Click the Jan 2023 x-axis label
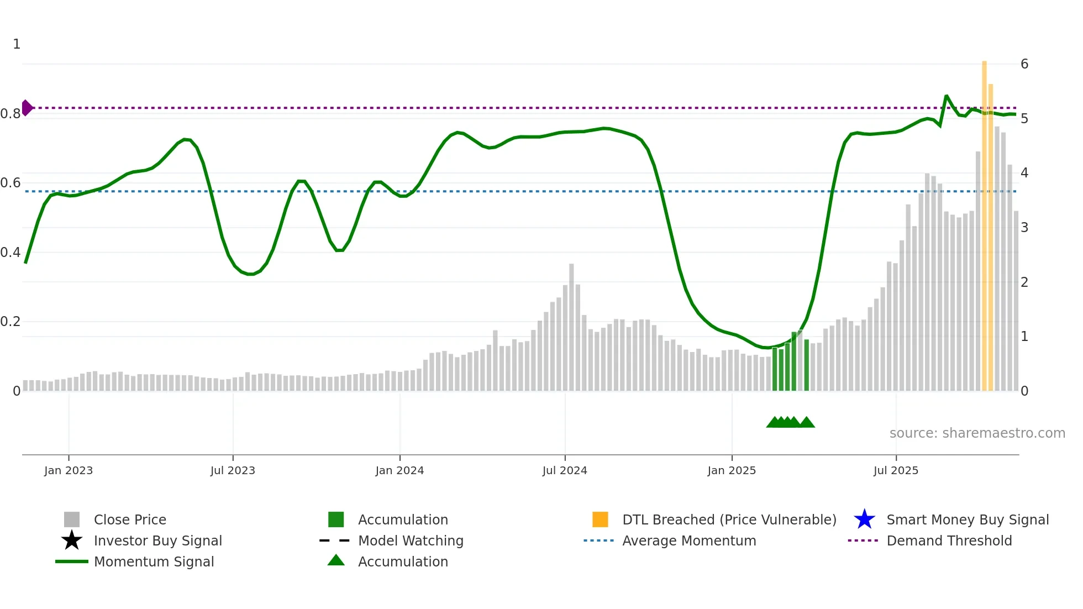[x=69, y=470]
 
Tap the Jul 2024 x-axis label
[x=565, y=470]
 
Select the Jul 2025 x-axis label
[x=896, y=470]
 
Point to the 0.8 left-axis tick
[x=10, y=114]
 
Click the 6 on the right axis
[x=1024, y=64]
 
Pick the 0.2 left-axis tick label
[x=10, y=322]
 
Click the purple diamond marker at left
[x=27, y=108]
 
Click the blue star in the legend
[x=864, y=519]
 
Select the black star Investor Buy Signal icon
[x=72, y=540]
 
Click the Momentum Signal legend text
[x=154, y=561]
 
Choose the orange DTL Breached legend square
[x=600, y=519]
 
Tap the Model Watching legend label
[x=411, y=540]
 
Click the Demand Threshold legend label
[x=949, y=540]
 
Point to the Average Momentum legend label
[x=689, y=540]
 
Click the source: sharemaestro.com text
[x=977, y=433]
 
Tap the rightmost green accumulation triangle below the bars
[x=807, y=422]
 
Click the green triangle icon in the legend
[x=336, y=560]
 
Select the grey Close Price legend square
[x=72, y=519]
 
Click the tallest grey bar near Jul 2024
[x=571, y=326]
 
